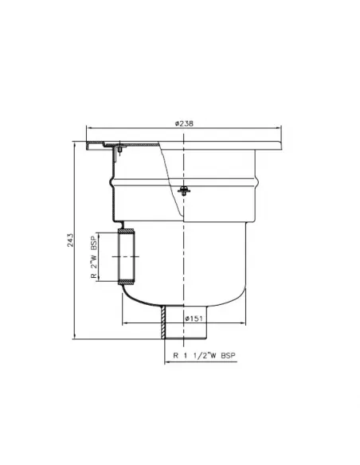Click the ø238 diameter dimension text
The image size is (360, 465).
coord(184,123)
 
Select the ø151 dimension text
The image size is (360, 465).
coord(194,319)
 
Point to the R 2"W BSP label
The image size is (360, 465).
coord(93,257)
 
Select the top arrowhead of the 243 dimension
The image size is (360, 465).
coord(76,144)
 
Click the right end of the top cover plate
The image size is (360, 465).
coord(280,144)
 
